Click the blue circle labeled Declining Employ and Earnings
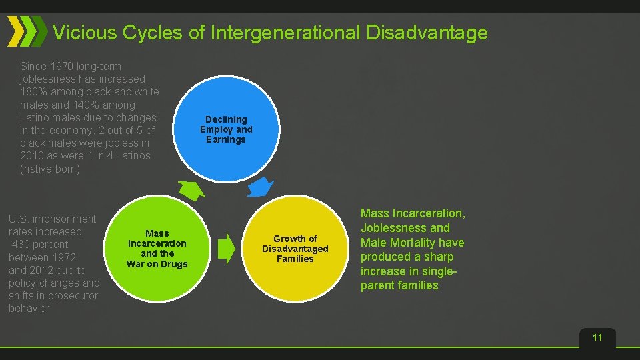226,129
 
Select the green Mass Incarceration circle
157,249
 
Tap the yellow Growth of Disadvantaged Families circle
295,249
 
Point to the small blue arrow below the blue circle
260,188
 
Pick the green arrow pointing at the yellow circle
227,247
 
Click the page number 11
597,337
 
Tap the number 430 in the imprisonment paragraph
23,245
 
